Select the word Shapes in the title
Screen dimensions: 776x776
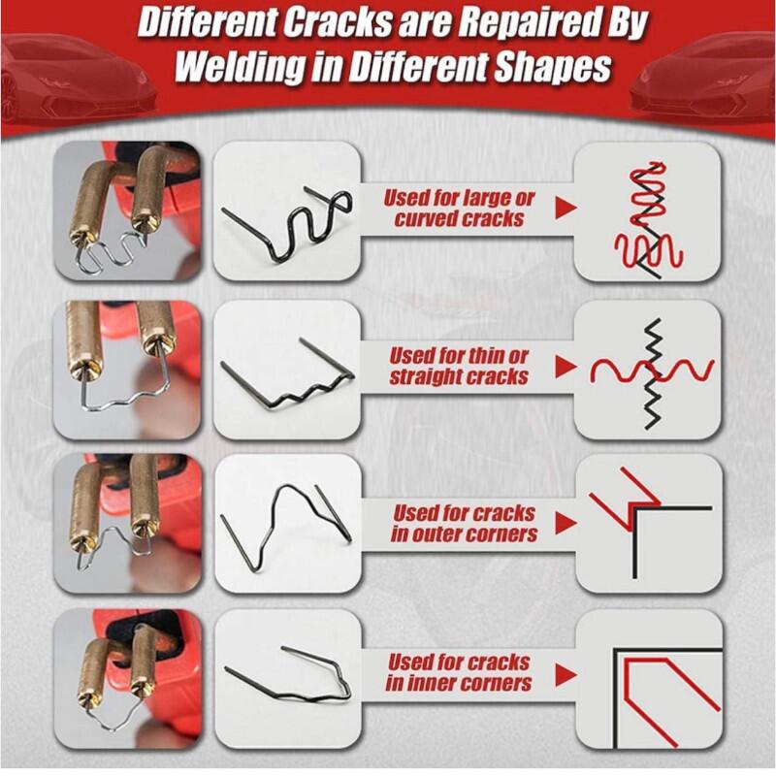pos(553,67)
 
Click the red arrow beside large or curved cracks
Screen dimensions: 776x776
pos(566,208)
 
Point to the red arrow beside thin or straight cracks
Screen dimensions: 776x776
pos(566,367)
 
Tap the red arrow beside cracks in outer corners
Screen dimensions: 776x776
pos(566,523)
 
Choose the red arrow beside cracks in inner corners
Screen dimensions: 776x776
pos(566,675)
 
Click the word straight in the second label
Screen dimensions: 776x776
pos(425,377)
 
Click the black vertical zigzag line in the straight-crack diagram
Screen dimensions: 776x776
pos(654,373)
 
